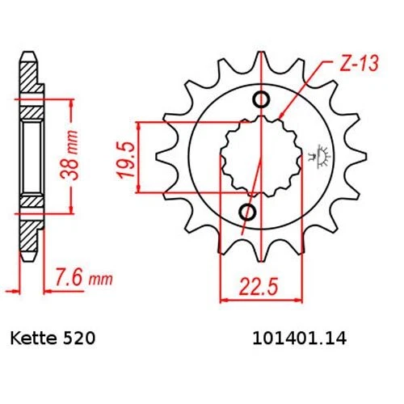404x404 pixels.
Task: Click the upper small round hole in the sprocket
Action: (x=260, y=100)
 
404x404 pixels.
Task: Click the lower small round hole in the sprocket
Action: (x=250, y=213)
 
